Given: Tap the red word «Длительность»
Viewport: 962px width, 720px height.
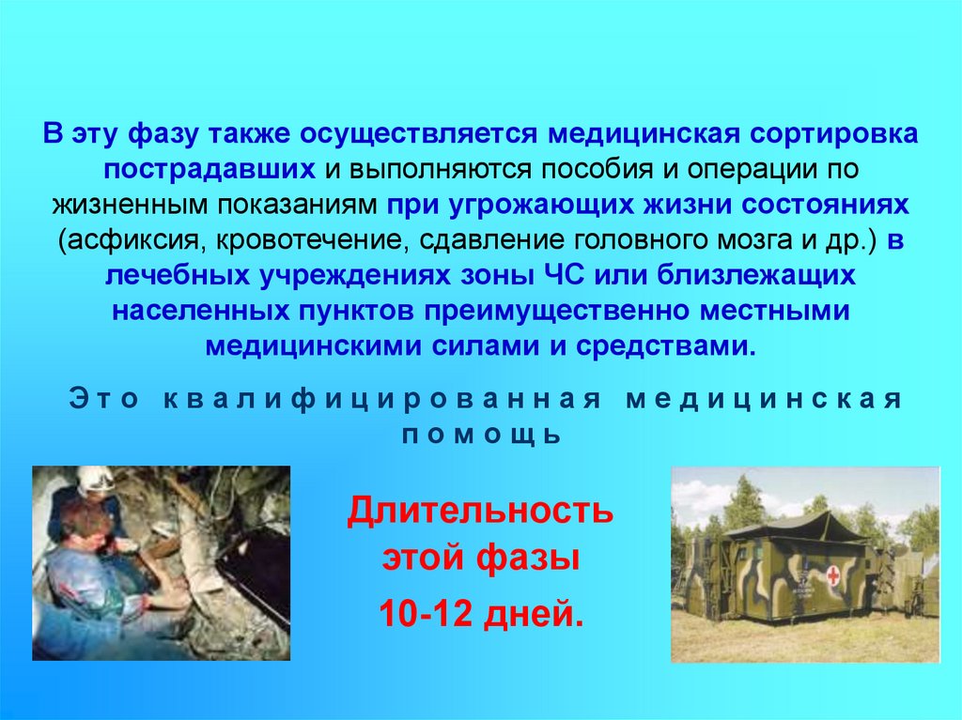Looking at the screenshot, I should click(480, 513).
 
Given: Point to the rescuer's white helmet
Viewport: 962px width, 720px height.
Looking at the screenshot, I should click(94, 480).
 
